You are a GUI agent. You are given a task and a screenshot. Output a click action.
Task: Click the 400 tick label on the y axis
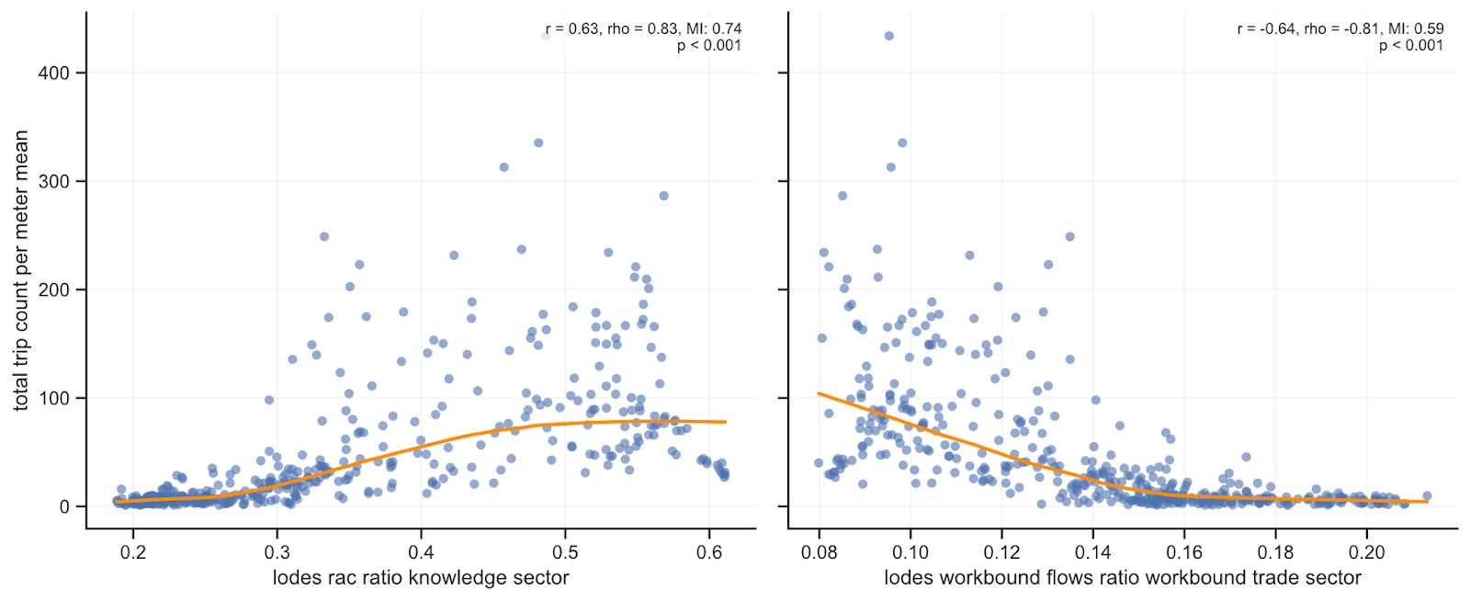click(x=53, y=73)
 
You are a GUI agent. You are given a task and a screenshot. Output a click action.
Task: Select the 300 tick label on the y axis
click(x=53, y=181)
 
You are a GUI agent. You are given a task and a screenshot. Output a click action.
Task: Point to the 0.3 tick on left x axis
click(x=277, y=551)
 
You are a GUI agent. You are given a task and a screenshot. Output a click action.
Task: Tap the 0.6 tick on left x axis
click(x=709, y=551)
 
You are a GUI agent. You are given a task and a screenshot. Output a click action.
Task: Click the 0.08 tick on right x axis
click(x=820, y=551)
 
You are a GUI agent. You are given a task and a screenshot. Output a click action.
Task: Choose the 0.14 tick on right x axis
click(x=1093, y=551)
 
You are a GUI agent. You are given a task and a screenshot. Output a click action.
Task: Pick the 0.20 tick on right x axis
click(x=1366, y=551)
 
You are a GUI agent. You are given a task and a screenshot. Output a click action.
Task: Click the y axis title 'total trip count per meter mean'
click(x=20, y=270)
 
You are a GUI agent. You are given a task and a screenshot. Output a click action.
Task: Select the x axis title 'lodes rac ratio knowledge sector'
click(x=421, y=578)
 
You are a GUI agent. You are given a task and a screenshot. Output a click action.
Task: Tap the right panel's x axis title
click(x=1123, y=578)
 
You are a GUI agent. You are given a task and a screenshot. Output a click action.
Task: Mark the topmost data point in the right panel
click(x=888, y=36)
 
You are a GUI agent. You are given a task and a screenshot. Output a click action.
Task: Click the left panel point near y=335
click(x=538, y=142)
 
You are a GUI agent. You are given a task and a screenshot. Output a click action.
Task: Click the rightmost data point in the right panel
click(x=1427, y=495)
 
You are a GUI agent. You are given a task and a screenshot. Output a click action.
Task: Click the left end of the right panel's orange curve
click(x=820, y=393)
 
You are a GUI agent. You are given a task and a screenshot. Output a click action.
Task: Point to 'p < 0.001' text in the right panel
click(x=1410, y=45)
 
